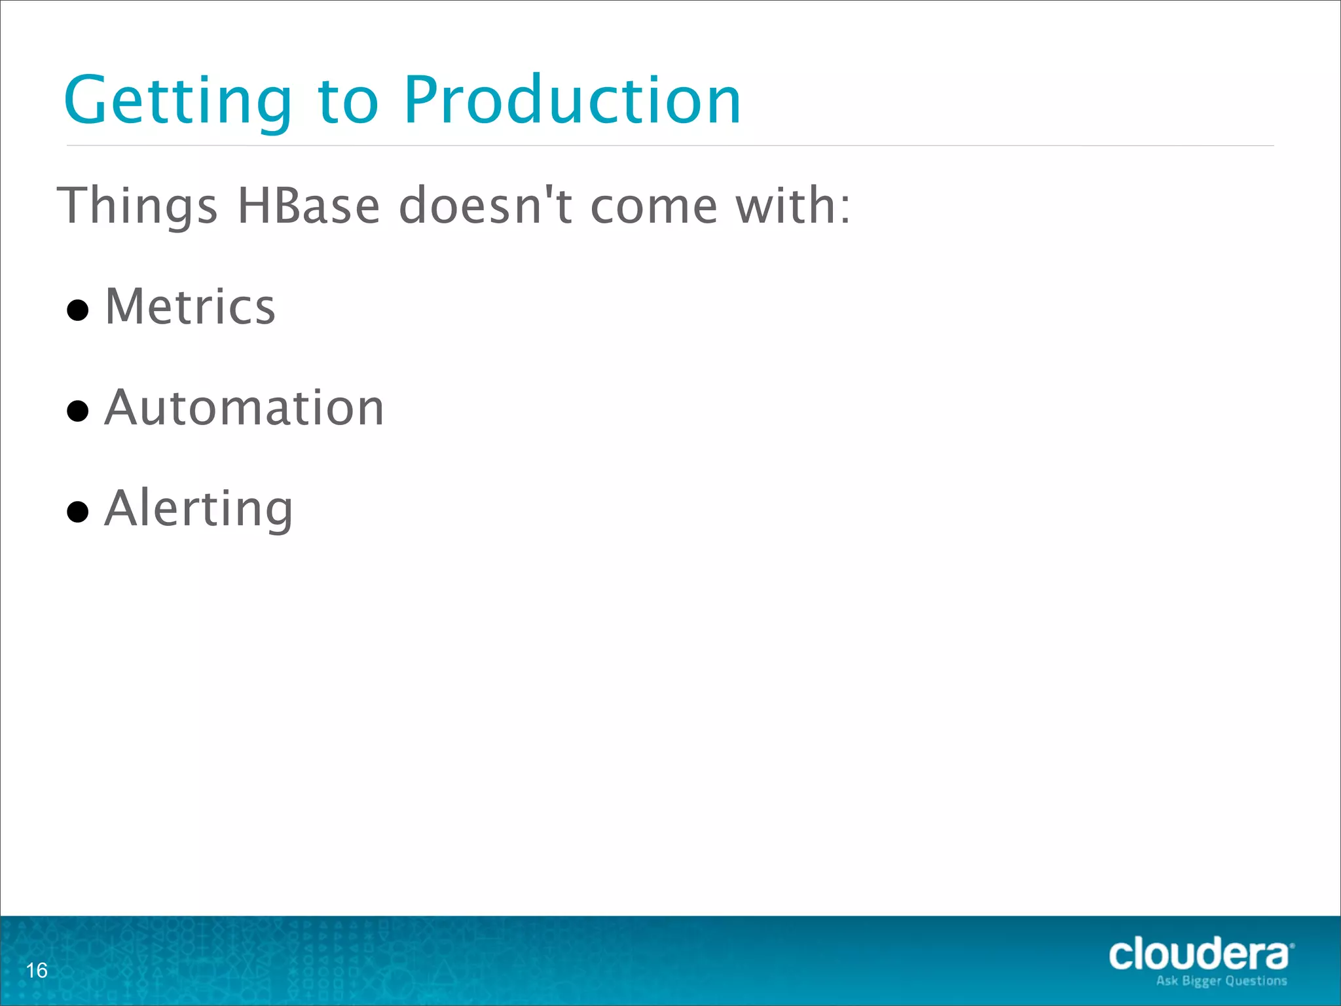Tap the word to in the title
click(x=348, y=102)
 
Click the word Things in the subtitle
click(x=138, y=206)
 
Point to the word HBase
click(x=308, y=206)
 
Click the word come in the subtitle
click(x=654, y=206)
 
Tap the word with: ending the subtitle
click(x=793, y=206)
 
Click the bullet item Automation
click(x=244, y=407)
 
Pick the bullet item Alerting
click(x=198, y=509)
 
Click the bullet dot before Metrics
click(x=78, y=310)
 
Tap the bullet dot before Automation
click(x=78, y=411)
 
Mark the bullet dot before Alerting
click(x=78, y=512)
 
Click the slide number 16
click(x=37, y=970)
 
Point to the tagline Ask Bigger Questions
click(x=1221, y=980)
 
